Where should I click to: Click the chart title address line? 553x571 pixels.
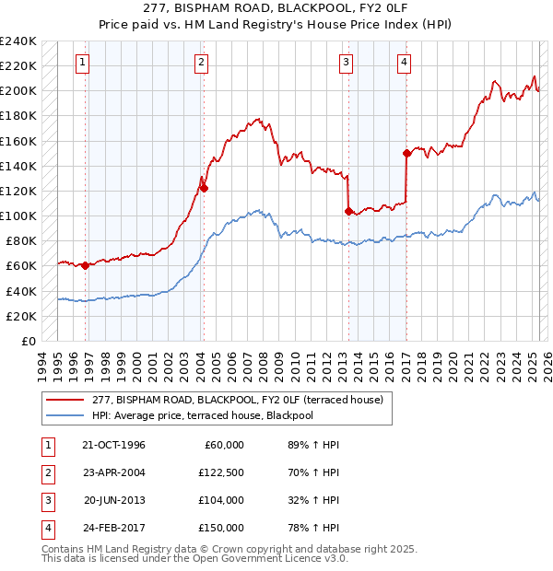(x=276, y=8)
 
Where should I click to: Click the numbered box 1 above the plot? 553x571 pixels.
(x=83, y=63)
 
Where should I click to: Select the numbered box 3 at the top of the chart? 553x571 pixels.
(x=346, y=63)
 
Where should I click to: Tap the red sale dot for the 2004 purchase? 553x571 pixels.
(x=204, y=188)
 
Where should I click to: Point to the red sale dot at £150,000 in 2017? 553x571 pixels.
(x=406, y=154)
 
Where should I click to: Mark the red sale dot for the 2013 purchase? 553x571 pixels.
(x=348, y=211)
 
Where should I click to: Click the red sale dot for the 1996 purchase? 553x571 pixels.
(x=86, y=266)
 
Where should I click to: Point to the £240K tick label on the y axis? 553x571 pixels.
(x=18, y=41)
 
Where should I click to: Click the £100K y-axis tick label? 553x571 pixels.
(x=18, y=216)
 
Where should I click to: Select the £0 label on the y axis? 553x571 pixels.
(x=28, y=341)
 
